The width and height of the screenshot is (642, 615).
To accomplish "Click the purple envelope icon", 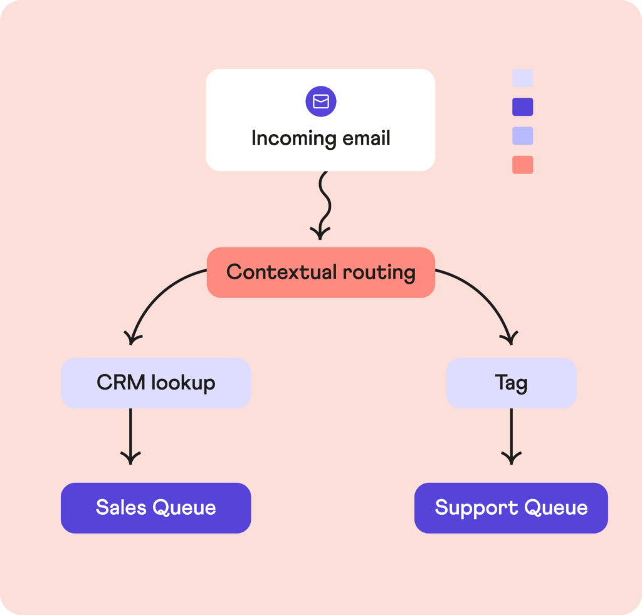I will pos(321,101).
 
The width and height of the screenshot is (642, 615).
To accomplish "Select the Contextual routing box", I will pos(320,272).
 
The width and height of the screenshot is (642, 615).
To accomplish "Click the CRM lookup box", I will pos(155,383).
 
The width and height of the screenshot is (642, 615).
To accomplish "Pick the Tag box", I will pos(511,383).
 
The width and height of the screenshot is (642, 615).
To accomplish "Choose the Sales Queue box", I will pos(155,507).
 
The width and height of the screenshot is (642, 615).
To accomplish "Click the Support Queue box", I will pos(511,507).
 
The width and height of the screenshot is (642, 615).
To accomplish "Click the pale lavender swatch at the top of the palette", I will pos(523,78).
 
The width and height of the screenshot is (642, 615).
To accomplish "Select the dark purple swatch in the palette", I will pos(523,106).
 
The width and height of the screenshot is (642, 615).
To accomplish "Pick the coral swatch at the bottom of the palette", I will pos(523,165).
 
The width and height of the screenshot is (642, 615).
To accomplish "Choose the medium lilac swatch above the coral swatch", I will pos(523,136).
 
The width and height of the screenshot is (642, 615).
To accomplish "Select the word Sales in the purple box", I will pos(120,507).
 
